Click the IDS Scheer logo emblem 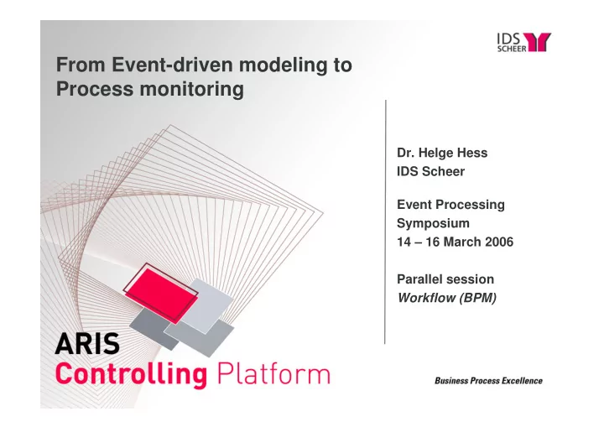pyautogui.click(x=539, y=42)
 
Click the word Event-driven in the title pyautogui.click(x=173, y=65)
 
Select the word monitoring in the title pyautogui.click(x=191, y=89)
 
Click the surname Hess pyautogui.click(x=472, y=153)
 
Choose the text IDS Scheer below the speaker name pyautogui.click(x=430, y=171)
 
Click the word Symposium pyautogui.click(x=433, y=223)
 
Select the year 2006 pyautogui.click(x=499, y=242)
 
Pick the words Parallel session pyautogui.click(x=445, y=279)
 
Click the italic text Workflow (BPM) pyautogui.click(x=447, y=298)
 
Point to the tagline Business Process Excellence pyautogui.click(x=488, y=381)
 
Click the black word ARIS pyautogui.click(x=87, y=344)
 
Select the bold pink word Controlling pyautogui.click(x=132, y=374)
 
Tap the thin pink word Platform pyautogui.click(x=273, y=373)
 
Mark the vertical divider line pyautogui.click(x=385, y=222)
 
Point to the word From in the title pyautogui.click(x=81, y=65)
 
